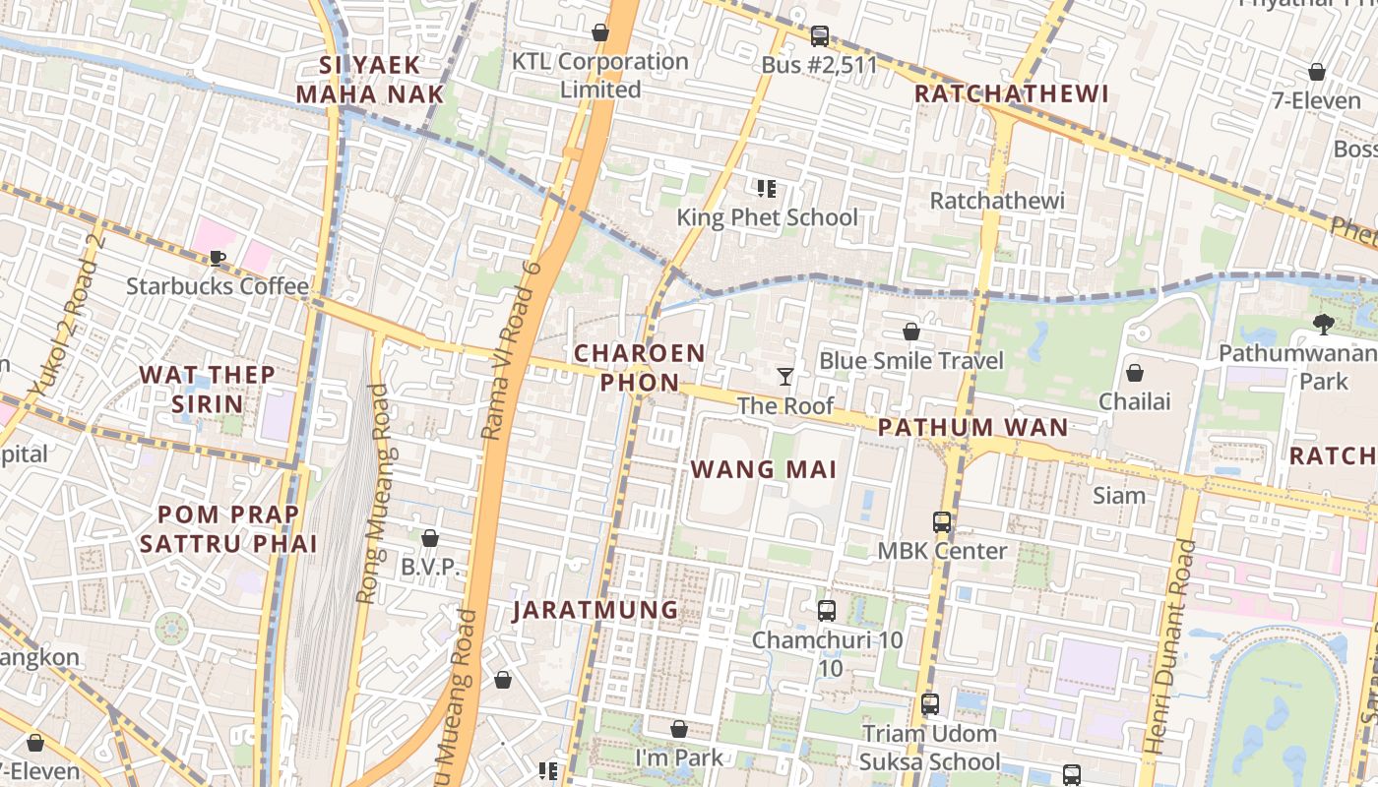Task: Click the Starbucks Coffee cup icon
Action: click(x=218, y=258)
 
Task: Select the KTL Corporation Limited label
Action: click(x=600, y=75)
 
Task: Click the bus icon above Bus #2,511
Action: click(x=819, y=36)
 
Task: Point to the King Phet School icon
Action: click(x=767, y=188)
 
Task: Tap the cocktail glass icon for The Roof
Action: click(x=785, y=376)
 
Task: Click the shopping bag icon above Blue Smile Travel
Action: click(x=911, y=332)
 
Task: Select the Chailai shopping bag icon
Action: click(x=1135, y=373)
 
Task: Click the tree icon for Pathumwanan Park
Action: click(x=1324, y=324)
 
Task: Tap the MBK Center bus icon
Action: click(x=942, y=522)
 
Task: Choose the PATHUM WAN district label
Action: click(x=972, y=427)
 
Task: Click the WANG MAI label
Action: click(x=764, y=469)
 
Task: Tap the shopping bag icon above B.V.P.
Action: click(x=430, y=538)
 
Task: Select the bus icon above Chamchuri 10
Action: click(x=827, y=611)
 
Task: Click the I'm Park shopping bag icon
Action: click(x=679, y=729)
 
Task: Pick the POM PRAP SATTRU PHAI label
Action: click(x=228, y=528)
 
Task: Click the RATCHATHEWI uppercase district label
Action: click(x=1012, y=93)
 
